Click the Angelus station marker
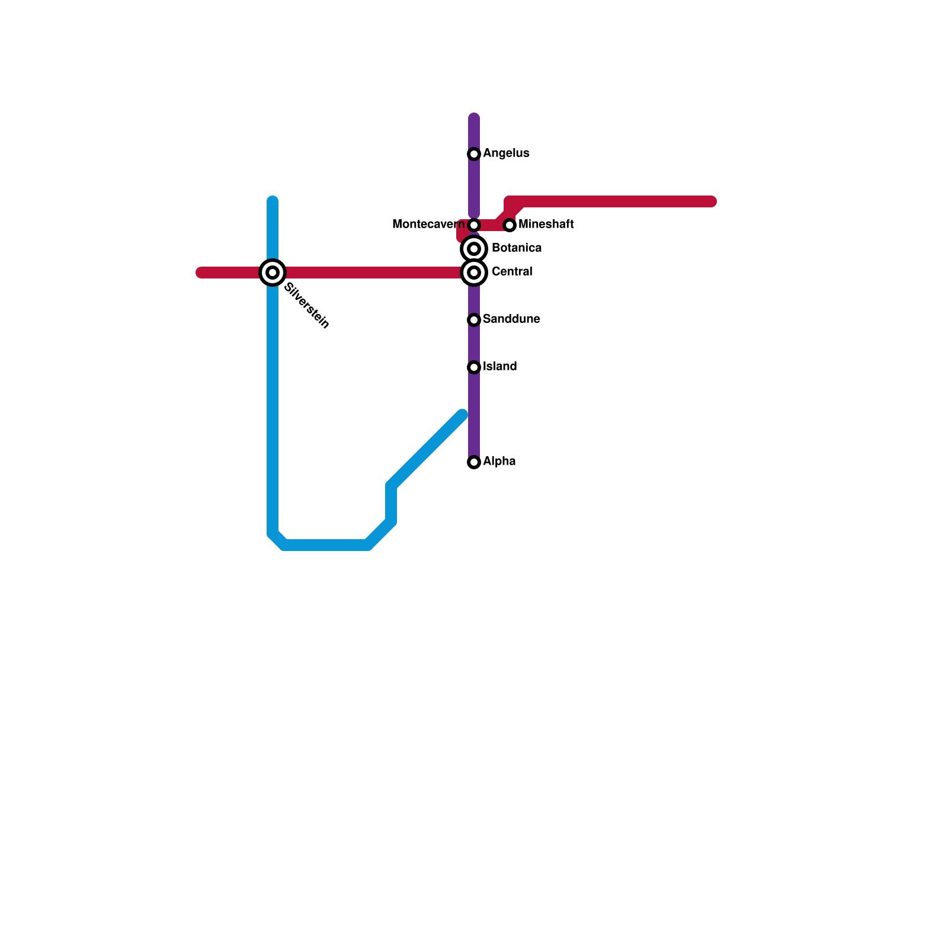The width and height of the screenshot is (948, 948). pos(474,154)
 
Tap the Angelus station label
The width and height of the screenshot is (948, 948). pos(506,153)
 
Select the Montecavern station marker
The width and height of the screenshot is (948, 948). pos(474,225)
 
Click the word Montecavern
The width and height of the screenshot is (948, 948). pos(428,225)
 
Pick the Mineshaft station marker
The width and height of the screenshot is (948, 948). pos(510,225)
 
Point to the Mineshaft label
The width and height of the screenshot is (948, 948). pos(546,225)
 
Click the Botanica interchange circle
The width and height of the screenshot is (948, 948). pos(474,249)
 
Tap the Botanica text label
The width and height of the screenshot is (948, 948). pos(516,248)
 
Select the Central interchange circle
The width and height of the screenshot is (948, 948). pos(474,273)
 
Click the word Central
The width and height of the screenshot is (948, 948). pos(512,272)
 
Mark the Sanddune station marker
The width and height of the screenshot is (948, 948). pos(474,320)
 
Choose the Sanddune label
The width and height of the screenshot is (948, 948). pos(511,319)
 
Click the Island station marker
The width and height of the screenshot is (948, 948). pos(474,367)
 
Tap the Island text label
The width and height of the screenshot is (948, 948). pos(499,367)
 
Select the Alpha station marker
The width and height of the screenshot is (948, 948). pos(474,462)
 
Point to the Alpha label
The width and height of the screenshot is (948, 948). pos(499,462)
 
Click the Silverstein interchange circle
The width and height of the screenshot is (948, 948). pos(273,273)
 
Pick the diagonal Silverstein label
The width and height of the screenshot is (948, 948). pos(306,306)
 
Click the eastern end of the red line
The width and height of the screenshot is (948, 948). pos(713,202)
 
